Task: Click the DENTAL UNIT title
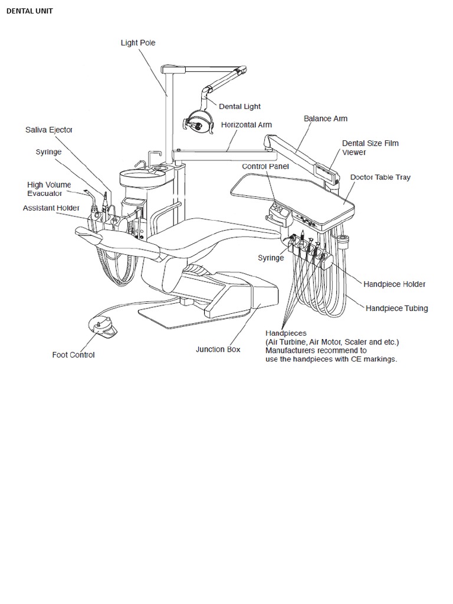tap(29, 11)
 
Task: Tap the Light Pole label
tap(138, 43)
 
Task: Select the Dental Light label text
tap(239, 107)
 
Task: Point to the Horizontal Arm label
tap(246, 125)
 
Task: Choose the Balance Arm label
tap(326, 119)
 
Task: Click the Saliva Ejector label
tap(48, 130)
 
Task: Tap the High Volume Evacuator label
tap(49, 189)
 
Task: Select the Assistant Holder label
tap(51, 208)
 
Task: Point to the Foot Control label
tap(73, 355)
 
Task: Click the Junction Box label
tap(218, 349)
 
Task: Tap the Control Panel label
tap(265, 166)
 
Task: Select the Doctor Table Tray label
tap(380, 177)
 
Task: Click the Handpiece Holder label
tap(394, 284)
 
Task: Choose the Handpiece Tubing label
tap(396, 308)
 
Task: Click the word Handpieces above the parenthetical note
tap(286, 333)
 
